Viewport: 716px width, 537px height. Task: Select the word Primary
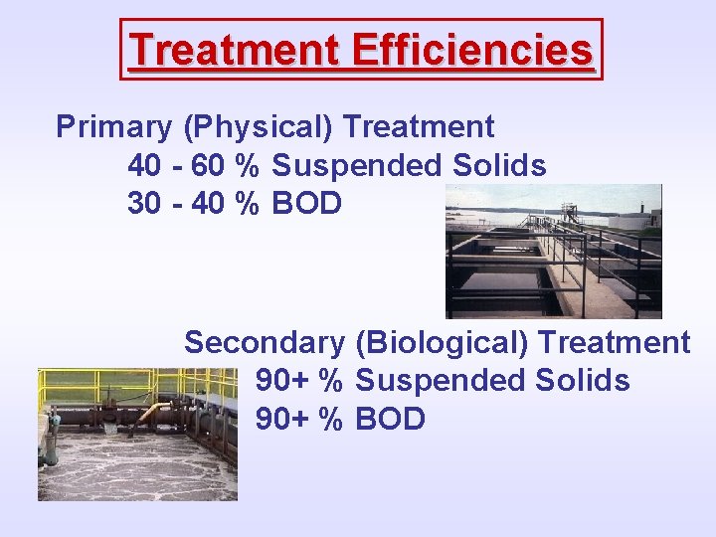click(113, 127)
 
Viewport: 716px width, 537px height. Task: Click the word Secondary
click(264, 343)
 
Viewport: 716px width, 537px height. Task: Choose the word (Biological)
click(444, 343)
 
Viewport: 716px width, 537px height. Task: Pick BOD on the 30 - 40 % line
click(306, 203)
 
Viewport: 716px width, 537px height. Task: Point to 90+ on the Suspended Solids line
click(282, 381)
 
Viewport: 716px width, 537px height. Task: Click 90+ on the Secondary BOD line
click(282, 419)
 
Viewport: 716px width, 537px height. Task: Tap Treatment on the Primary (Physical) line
click(418, 127)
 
